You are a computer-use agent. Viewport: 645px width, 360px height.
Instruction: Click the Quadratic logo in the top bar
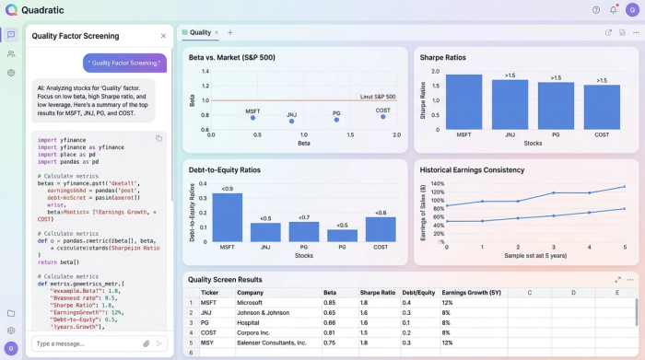click(x=12, y=10)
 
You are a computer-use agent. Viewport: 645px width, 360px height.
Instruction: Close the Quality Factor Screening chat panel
click(x=163, y=36)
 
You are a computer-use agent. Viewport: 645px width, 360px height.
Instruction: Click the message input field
click(x=83, y=343)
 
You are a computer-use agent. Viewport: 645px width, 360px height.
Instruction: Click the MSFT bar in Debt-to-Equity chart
click(x=227, y=217)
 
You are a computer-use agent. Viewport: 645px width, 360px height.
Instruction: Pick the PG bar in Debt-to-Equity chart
click(x=303, y=231)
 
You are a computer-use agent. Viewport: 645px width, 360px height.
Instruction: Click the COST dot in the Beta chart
click(x=382, y=119)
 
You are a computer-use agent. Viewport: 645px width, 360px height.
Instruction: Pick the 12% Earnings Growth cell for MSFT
click(x=447, y=302)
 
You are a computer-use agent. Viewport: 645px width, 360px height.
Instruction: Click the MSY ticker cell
click(x=209, y=342)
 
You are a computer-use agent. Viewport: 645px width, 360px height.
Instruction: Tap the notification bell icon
click(x=614, y=10)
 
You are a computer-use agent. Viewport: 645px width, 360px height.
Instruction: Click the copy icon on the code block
click(x=158, y=139)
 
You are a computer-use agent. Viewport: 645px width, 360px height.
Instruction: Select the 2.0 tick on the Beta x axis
click(x=396, y=135)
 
